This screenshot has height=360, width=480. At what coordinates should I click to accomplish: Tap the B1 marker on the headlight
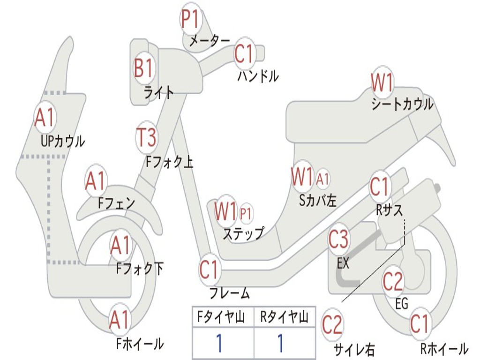pos(143,68)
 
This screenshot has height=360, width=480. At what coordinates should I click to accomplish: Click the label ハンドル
pos(258,75)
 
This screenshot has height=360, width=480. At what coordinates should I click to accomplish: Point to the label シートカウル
pos(402,105)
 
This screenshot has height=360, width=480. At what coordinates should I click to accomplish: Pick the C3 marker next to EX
pos(338,240)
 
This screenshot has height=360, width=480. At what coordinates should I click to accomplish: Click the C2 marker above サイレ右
pos(332,325)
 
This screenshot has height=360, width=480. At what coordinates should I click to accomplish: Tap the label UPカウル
pos(63,141)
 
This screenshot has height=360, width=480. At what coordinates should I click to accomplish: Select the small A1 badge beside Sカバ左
pos(322,179)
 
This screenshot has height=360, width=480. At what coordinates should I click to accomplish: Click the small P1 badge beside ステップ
pos(246,213)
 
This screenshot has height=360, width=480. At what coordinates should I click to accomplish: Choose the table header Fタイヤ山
pos(223,318)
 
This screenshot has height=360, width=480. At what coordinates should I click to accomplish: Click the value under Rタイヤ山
pos(280,344)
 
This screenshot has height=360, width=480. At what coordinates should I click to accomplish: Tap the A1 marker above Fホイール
pos(120,321)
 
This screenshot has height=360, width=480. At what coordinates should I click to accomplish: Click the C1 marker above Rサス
pos(380,187)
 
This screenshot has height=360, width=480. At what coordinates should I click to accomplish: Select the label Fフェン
pos(116,203)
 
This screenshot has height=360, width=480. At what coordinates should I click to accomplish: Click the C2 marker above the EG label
pos(393,281)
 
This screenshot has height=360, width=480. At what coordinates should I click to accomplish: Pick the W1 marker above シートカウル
pos(382,83)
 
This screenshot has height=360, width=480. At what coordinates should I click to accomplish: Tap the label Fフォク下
pos(140,269)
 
